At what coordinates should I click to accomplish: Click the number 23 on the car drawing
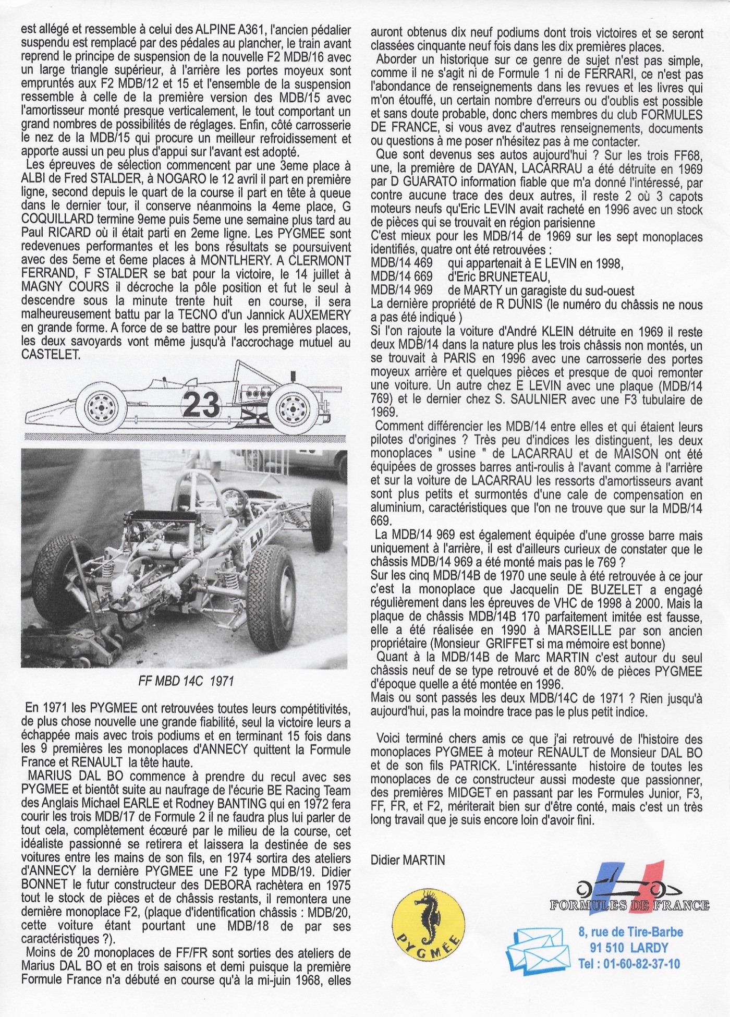201,404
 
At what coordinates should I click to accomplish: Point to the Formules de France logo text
629,905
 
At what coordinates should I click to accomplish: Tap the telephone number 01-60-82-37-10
629,963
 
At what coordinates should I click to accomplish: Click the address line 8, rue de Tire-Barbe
630,932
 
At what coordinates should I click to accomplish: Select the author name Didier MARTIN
408,860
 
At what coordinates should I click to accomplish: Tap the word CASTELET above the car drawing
51,355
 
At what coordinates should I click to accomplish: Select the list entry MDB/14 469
401,263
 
